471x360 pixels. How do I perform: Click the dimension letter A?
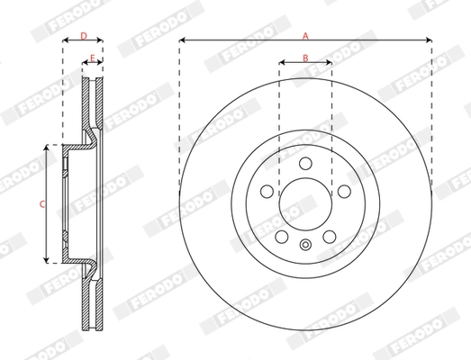point(305,35)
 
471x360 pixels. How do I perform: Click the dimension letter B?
point(305,58)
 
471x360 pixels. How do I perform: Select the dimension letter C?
point(41,204)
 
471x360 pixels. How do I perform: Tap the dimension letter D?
point(83,36)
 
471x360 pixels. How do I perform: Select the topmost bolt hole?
point(305,163)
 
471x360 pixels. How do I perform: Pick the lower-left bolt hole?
point(282,235)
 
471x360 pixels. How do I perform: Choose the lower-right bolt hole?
point(329,235)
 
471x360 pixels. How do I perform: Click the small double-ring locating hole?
point(305,244)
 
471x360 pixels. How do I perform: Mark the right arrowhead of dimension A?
point(429,40)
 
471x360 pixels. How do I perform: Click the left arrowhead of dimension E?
point(86,63)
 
